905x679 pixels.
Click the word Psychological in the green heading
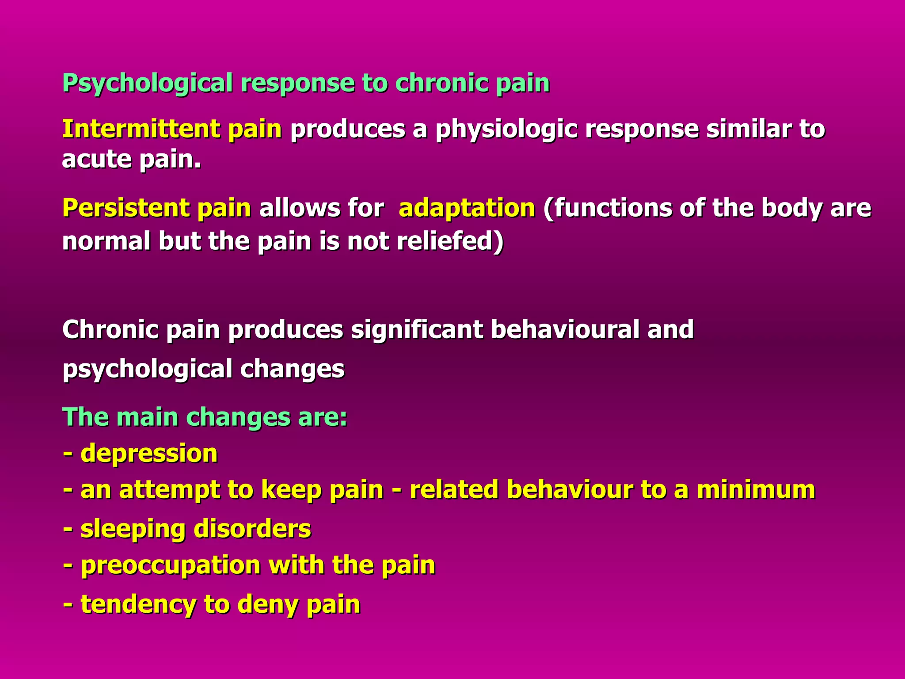(148, 83)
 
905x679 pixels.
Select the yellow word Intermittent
(141, 129)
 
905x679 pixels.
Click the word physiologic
(506, 130)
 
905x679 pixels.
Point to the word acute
(97, 159)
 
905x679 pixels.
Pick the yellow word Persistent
(125, 208)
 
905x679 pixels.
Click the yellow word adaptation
(467, 209)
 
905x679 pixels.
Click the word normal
(106, 241)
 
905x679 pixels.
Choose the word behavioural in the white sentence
(565, 330)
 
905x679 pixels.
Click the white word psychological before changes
(148, 370)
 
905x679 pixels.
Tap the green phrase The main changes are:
(205, 417)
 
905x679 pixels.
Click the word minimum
(756, 490)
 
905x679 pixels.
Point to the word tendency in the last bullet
(138, 604)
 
